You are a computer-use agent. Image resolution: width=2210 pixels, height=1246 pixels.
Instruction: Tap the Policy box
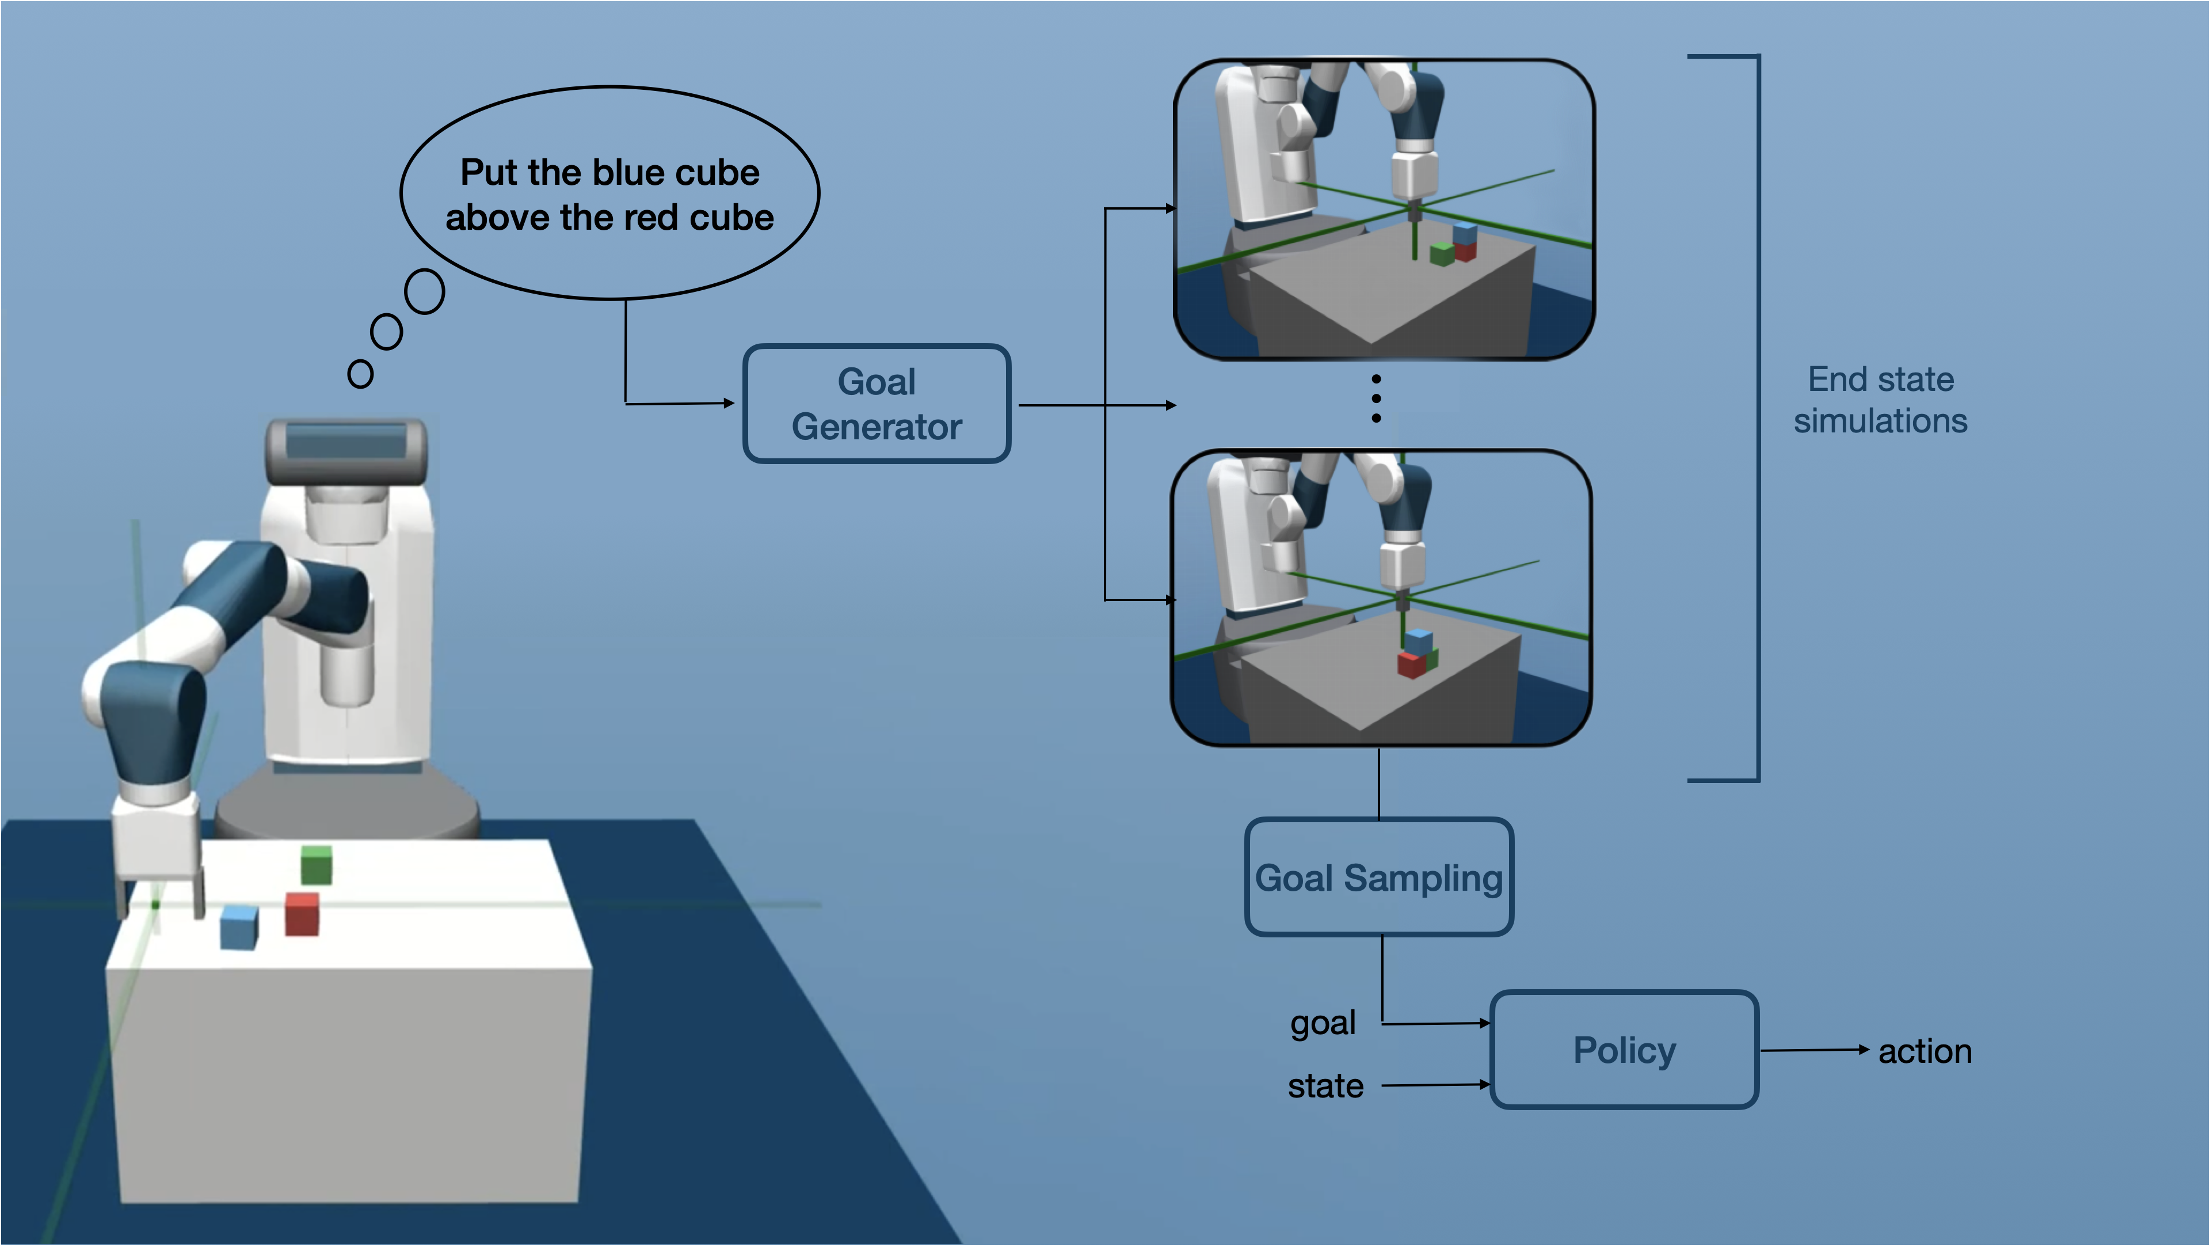point(1624,1050)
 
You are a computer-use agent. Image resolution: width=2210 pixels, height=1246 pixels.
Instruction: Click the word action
point(1925,1051)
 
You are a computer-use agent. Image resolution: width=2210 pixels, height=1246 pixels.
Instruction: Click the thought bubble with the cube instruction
point(609,194)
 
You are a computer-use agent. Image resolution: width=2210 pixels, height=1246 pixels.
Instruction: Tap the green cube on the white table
point(317,864)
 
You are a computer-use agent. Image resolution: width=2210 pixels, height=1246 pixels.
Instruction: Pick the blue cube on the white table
point(239,928)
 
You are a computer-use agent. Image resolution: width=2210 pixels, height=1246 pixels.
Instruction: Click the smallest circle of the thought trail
point(360,374)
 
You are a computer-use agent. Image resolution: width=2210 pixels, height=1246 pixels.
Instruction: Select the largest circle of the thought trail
point(425,292)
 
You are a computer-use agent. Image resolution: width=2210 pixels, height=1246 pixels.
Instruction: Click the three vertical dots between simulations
point(1376,398)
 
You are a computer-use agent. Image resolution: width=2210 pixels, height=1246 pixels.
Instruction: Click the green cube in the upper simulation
point(1442,253)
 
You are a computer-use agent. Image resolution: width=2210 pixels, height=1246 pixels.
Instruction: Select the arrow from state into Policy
point(1435,1085)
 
